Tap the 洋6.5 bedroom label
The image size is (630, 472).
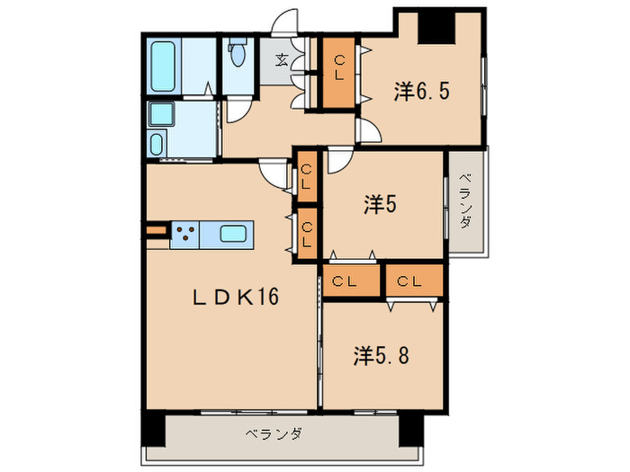point(420,91)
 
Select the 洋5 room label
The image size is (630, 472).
point(381,205)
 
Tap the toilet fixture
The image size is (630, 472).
point(238,54)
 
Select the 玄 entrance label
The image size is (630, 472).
point(282,61)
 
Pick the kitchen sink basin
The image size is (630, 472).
point(237,235)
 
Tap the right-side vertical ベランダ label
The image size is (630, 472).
point(464,201)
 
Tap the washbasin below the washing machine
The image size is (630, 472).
point(157,144)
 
